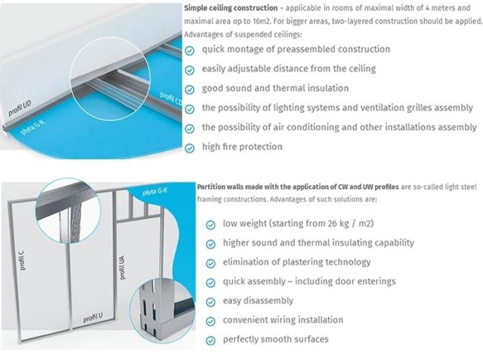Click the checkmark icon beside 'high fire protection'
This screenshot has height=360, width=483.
[190, 147]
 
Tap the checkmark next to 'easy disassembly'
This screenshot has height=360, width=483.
[212, 301]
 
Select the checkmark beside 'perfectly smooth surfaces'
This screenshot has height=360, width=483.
[212, 340]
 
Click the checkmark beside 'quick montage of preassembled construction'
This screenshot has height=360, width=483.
[190, 50]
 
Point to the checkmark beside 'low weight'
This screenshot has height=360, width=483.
[212, 224]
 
